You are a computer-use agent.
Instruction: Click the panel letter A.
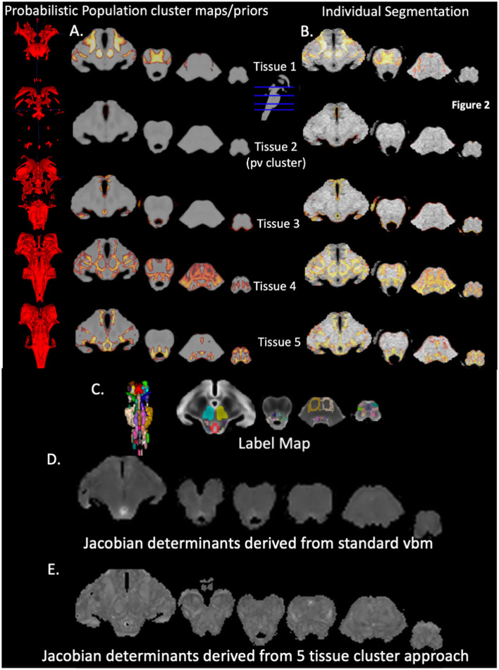pos(77,30)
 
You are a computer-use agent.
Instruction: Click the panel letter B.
pos(307,30)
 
